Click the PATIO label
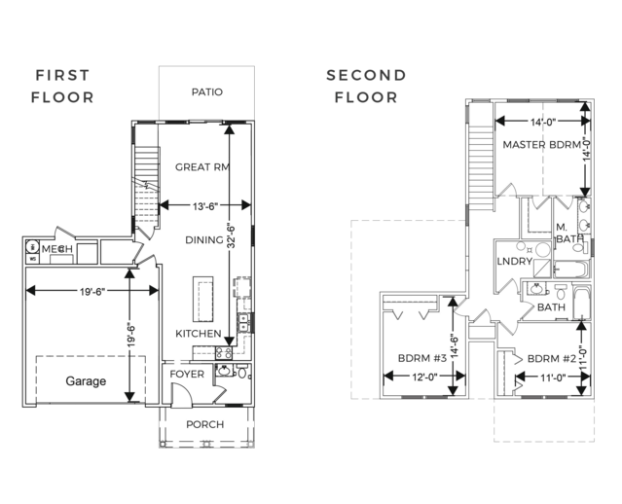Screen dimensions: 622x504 [207, 92]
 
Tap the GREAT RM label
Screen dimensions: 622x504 [202, 167]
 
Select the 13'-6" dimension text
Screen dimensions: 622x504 [205, 206]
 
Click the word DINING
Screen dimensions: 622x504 [204, 240]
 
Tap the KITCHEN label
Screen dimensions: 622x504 [199, 334]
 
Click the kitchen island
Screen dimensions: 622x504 [203, 299]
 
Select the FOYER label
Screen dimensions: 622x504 [187, 374]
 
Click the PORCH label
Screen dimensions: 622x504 [205, 424]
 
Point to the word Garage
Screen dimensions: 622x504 [86, 381]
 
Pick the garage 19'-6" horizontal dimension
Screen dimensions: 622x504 [92, 292]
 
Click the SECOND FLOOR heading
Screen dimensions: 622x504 [366, 86]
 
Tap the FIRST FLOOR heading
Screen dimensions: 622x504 [62, 86]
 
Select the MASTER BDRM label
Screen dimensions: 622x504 [542, 144]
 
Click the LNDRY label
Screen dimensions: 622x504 [515, 262]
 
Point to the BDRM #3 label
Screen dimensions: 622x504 [422, 358]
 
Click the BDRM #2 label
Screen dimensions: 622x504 [551, 359]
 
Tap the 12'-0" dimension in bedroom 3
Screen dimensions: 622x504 [424, 377]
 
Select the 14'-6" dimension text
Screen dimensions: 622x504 [455, 347]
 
